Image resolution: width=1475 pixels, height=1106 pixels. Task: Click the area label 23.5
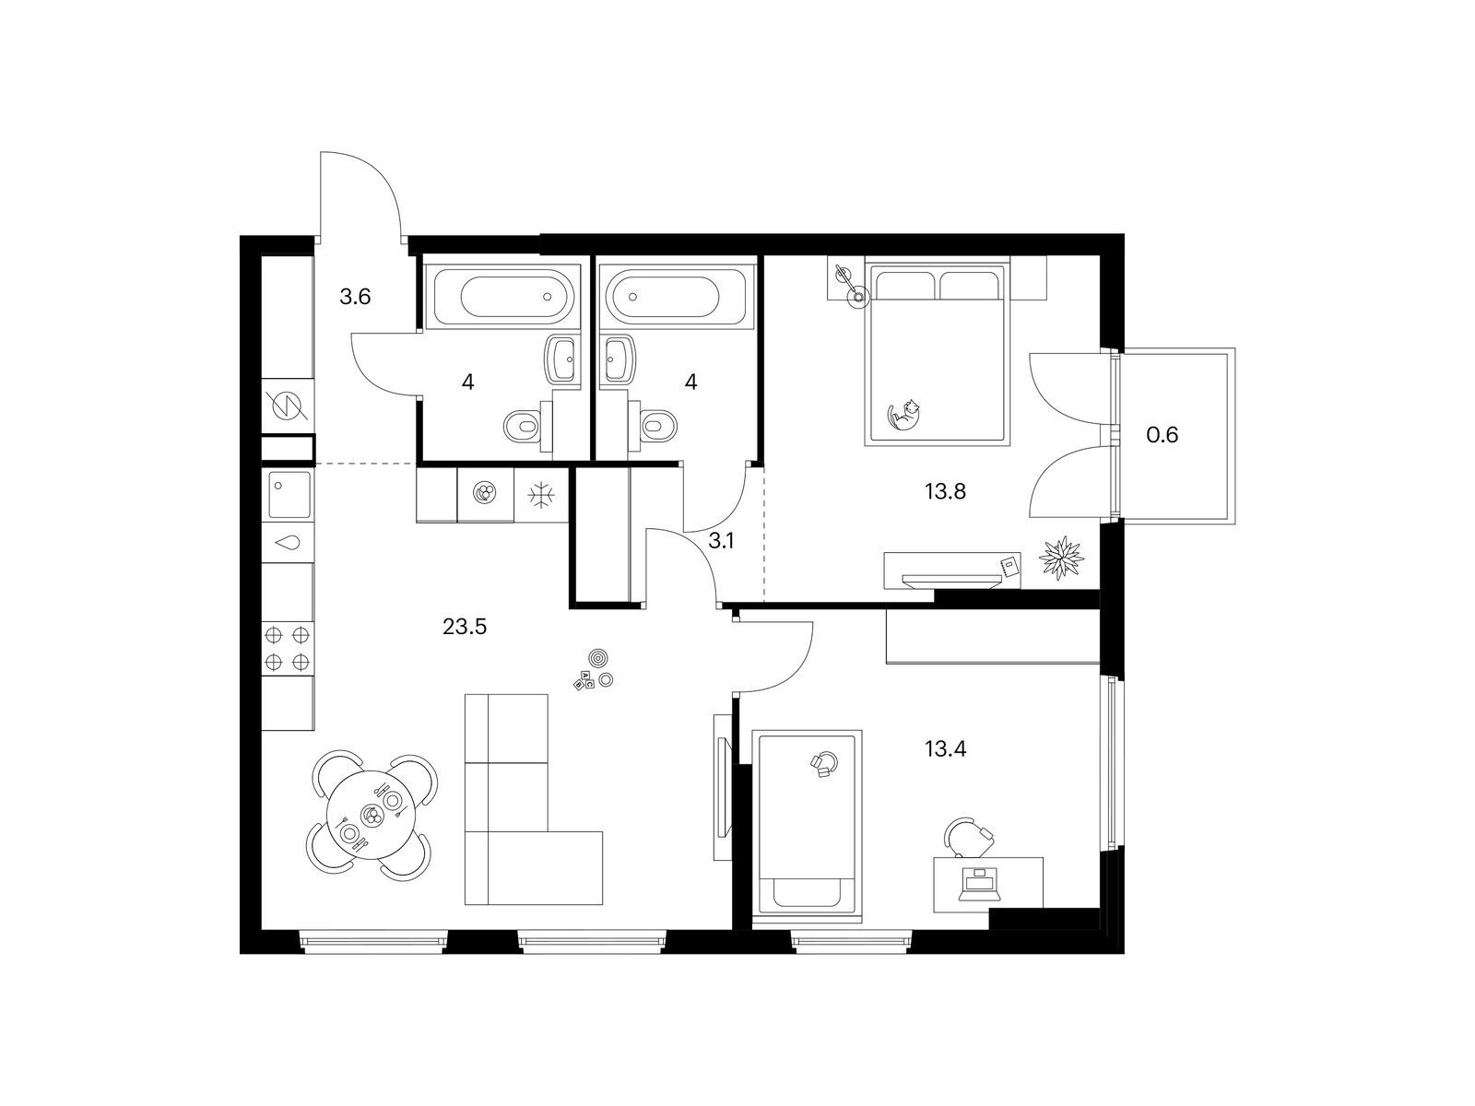click(464, 627)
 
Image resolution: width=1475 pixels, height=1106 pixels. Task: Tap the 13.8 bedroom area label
click(945, 491)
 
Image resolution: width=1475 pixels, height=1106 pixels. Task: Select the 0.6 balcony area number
click(1162, 434)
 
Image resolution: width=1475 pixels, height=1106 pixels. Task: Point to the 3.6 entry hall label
click(355, 296)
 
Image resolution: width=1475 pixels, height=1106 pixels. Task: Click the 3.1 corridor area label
click(721, 541)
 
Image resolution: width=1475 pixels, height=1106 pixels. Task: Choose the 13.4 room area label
click(945, 748)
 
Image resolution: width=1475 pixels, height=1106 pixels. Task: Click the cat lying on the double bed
click(903, 415)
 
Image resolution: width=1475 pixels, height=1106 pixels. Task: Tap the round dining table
click(371, 816)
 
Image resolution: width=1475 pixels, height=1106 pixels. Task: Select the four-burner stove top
click(288, 648)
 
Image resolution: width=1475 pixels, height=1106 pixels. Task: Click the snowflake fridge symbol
click(542, 495)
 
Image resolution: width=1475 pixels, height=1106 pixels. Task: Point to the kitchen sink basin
click(289, 495)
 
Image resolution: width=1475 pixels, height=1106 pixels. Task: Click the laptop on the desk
click(980, 885)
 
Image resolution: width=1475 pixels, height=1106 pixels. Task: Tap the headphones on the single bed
click(824, 764)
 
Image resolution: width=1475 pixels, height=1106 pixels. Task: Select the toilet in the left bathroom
click(528, 425)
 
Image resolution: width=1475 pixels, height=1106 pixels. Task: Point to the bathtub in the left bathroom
click(502, 296)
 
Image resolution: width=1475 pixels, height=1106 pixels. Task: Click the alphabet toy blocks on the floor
click(583, 679)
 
